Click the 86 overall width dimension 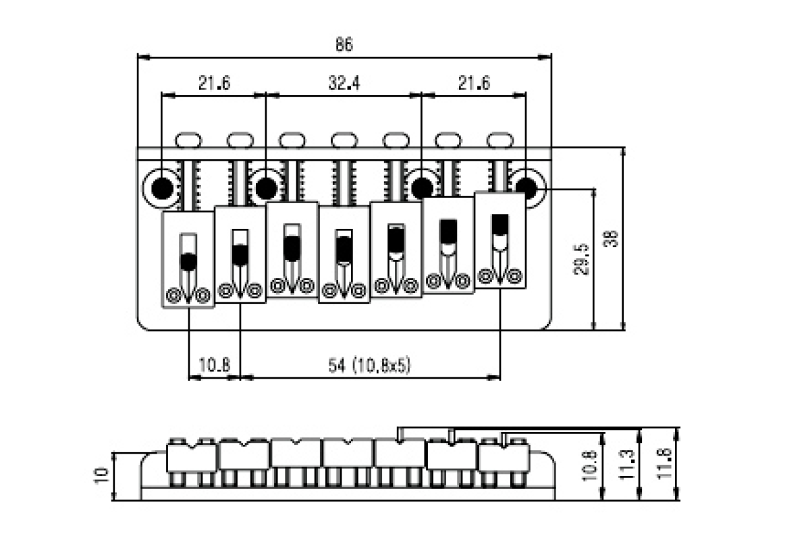[x=344, y=45]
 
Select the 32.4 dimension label [x=344, y=83]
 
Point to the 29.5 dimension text [x=582, y=259]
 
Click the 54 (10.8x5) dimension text [x=369, y=365]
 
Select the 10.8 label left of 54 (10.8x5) [x=214, y=365]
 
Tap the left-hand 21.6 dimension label [x=214, y=83]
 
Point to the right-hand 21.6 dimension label [x=474, y=83]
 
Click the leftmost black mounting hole [x=162, y=187]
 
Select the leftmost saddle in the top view [x=188, y=260]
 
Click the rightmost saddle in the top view [x=500, y=240]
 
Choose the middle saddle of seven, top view [x=344, y=254]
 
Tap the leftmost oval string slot [x=188, y=140]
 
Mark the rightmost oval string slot [x=500, y=139]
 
